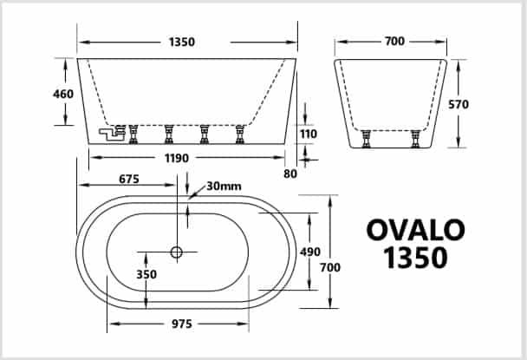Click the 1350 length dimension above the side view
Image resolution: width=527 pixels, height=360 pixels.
182,42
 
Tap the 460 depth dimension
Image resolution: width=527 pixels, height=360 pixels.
63,94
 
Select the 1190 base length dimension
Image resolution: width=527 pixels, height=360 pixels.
177,158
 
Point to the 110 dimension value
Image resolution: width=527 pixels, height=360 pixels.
309,134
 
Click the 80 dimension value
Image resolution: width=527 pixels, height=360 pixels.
290,173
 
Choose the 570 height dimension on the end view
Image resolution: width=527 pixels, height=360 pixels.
459,104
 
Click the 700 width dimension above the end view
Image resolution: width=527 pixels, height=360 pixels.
395,42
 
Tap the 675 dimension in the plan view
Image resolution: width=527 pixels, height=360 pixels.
129,179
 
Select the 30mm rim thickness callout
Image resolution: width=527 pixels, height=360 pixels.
224,186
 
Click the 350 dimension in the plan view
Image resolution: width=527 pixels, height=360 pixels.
146,274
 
